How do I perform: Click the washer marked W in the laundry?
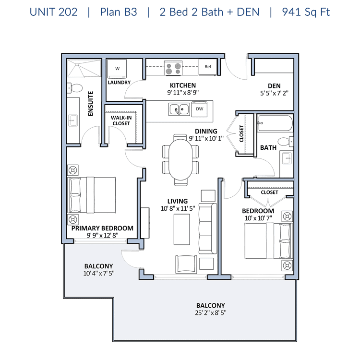[x=117, y=69]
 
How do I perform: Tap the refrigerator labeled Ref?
[x=208, y=67]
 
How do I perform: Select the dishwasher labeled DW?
[x=200, y=109]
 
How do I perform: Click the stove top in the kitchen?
[x=173, y=68]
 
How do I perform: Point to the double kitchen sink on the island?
[x=180, y=109]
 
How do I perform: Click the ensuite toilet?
[x=74, y=88]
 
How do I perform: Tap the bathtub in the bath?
[x=276, y=123]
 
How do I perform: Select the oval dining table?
[x=180, y=160]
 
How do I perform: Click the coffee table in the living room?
[x=181, y=229]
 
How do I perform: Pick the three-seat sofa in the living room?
[x=208, y=228]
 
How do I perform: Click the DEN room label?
[x=274, y=86]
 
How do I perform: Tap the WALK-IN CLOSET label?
[x=121, y=120]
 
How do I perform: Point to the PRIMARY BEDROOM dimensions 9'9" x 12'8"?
[x=102, y=235]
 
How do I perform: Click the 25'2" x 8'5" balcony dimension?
[x=211, y=312]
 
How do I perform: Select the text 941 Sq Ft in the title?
[x=306, y=12]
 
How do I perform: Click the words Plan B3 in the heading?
[x=119, y=12]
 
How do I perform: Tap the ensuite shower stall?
[x=84, y=68]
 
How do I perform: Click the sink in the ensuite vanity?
[x=73, y=120]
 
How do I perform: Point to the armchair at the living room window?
[x=186, y=264]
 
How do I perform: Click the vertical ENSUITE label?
[x=91, y=104]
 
